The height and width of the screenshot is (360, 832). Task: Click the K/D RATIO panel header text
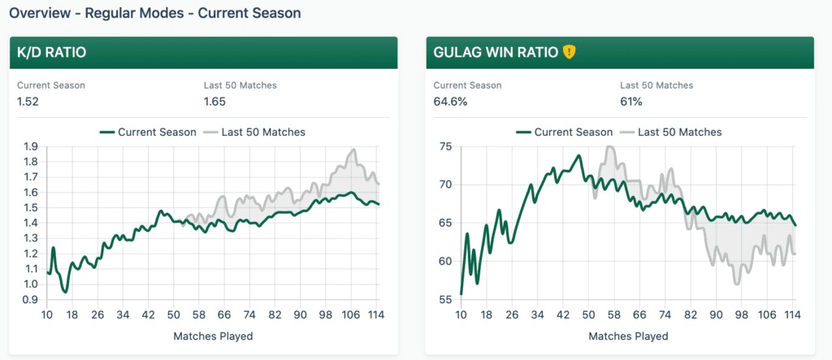click(x=52, y=53)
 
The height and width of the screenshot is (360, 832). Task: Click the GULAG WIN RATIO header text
click(x=495, y=53)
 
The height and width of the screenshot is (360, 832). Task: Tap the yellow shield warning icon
click(x=569, y=52)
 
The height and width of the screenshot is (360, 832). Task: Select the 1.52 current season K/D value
click(x=28, y=102)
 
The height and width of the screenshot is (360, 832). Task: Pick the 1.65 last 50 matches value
click(x=214, y=102)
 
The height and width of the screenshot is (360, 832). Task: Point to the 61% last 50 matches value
click(x=631, y=102)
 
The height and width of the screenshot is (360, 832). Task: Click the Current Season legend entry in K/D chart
click(x=148, y=132)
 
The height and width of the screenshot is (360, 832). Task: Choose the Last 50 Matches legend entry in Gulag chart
click(x=670, y=132)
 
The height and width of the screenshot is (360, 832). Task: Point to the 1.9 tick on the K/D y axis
click(x=31, y=147)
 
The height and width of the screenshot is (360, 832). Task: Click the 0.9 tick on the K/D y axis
click(x=31, y=300)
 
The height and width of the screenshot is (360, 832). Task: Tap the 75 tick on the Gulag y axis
click(x=444, y=147)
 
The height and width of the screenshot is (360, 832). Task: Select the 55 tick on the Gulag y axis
click(x=444, y=300)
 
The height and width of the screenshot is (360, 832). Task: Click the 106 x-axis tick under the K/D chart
click(x=351, y=315)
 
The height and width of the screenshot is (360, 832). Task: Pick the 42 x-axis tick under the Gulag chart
click(x=561, y=315)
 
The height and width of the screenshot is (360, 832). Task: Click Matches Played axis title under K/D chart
click(x=213, y=336)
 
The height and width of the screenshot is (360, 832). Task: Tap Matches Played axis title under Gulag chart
click(x=628, y=336)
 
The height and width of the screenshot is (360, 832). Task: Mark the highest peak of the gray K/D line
click(x=353, y=150)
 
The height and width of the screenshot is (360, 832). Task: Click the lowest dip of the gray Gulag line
click(x=736, y=284)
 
